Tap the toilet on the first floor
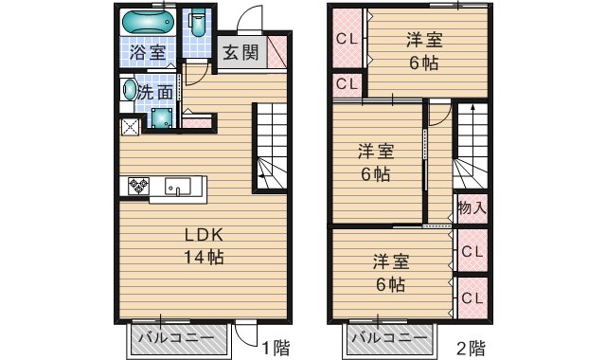198,23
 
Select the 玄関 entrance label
241,52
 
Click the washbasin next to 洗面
129,90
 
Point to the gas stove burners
138,186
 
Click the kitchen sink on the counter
178,186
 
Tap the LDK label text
204,235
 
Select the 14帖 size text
204,257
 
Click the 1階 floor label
276,348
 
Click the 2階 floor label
472,348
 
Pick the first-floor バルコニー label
176,337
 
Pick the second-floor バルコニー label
389,337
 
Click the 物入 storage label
472,208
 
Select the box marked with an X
131,127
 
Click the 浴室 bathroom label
148,52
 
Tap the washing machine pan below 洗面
161,117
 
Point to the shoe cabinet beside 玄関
276,52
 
